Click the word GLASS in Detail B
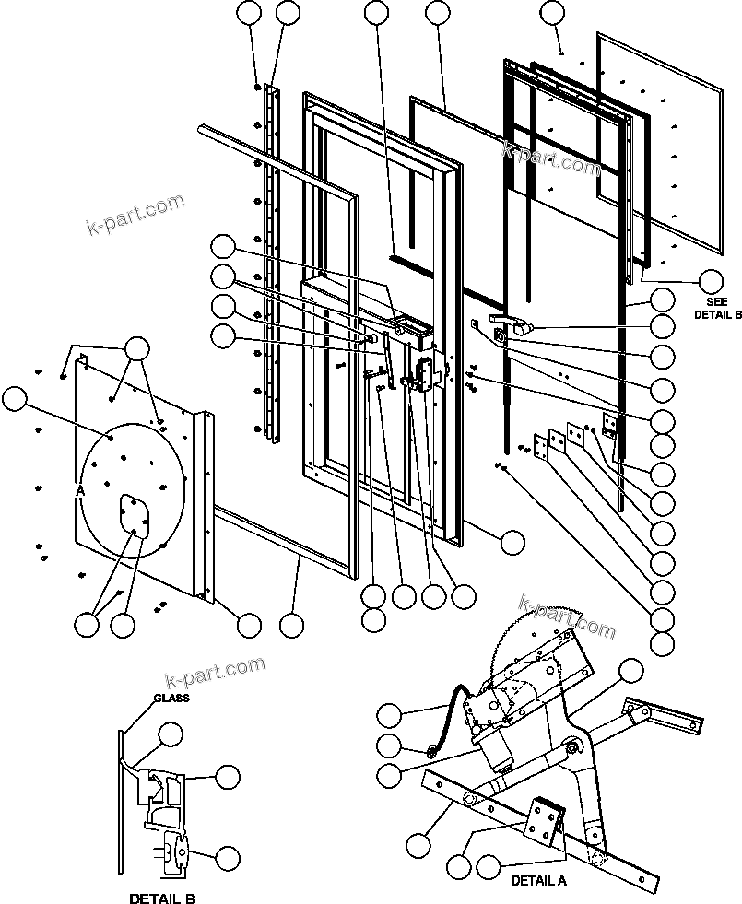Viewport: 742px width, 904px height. coord(171,698)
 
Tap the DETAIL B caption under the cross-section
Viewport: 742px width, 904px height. coord(162,898)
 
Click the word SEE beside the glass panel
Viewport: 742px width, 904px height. coord(717,301)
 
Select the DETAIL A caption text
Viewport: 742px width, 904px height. coord(539,880)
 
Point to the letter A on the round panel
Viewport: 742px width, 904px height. coord(80,492)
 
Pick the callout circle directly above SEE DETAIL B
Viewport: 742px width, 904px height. coord(711,281)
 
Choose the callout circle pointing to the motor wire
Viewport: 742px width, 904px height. coord(390,715)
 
